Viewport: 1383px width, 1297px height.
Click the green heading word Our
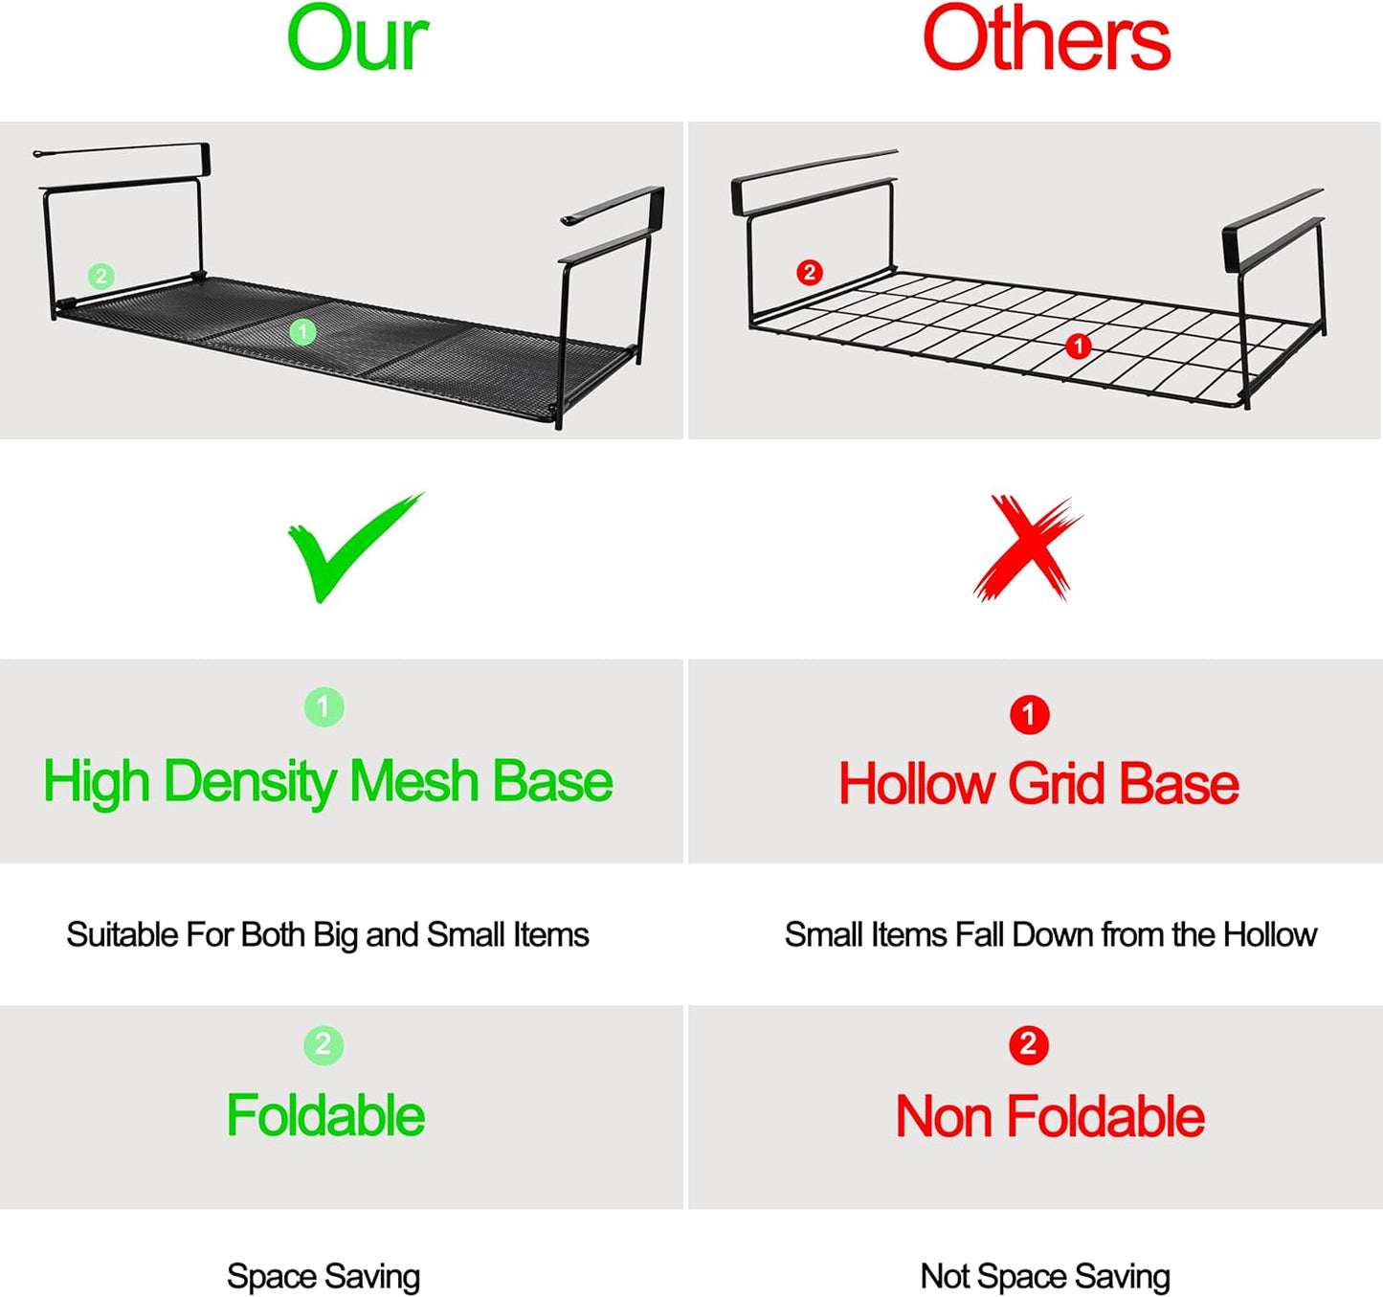point(357,38)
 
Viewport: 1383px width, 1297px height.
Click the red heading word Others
point(1046,38)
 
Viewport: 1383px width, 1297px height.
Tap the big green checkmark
point(355,548)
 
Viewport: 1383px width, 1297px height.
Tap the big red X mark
point(1028,548)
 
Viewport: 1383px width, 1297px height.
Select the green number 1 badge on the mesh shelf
point(302,331)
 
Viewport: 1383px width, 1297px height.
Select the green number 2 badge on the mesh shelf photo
point(101,277)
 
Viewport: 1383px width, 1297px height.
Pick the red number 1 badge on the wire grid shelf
point(1078,346)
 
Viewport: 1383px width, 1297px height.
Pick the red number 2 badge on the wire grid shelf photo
point(809,272)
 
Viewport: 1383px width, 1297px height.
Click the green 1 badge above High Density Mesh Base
point(323,707)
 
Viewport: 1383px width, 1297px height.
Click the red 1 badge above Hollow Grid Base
point(1029,715)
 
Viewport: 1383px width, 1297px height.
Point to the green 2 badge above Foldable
point(323,1045)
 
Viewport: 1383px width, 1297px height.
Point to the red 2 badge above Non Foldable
point(1029,1045)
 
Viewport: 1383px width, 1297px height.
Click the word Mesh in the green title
point(414,781)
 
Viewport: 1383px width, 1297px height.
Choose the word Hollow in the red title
point(916,784)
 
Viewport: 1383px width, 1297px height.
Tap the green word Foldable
point(325,1115)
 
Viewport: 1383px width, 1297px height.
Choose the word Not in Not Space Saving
point(945,1276)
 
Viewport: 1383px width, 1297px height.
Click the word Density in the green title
point(249,782)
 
